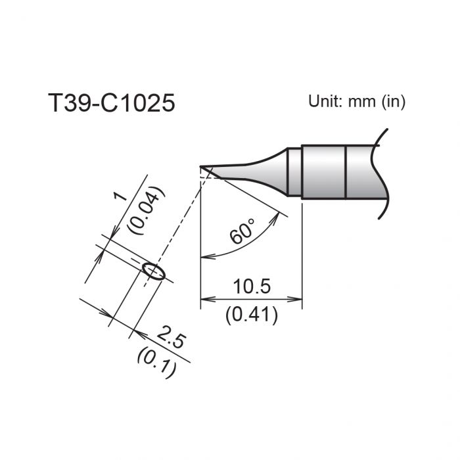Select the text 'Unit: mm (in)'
(x=357, y=102)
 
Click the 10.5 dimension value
(x=251, y=287)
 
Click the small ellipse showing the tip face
(x=153, y=270)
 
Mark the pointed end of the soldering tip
(x=202, y=167)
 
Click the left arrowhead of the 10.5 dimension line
(x=204, y=300)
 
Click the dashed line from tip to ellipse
(x=177, y=221)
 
